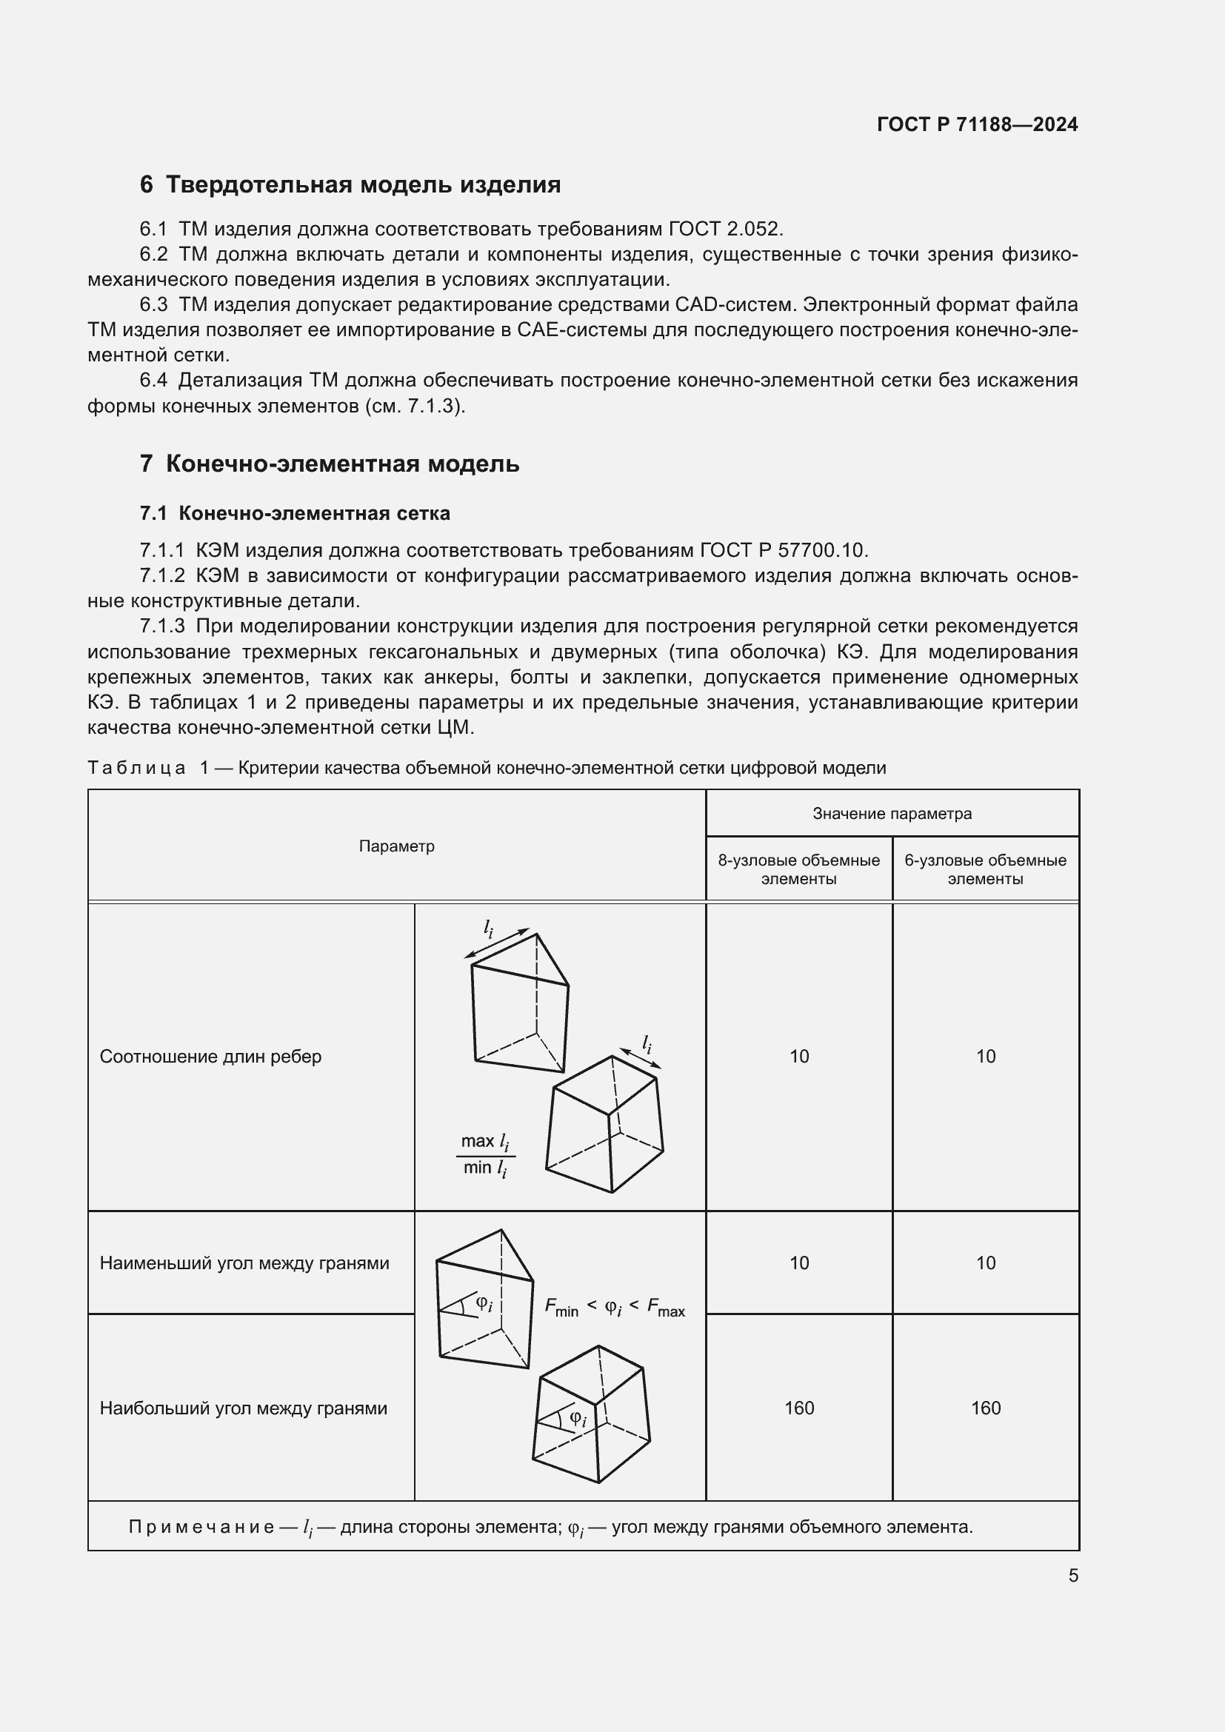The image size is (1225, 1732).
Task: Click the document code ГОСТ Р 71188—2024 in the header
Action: (977, 124)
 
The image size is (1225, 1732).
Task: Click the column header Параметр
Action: (397, 846)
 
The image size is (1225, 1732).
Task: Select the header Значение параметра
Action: (892, 814)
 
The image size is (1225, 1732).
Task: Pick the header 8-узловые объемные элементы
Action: (799, 870)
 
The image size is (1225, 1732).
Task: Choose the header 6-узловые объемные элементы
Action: (985, 870)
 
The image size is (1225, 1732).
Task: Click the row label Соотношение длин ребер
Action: (210, 1057)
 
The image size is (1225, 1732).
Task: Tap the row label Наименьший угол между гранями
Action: (244, 1263)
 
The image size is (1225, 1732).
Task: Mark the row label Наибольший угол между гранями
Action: (243, 1408)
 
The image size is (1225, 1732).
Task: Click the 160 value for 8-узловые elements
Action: (799, 1408)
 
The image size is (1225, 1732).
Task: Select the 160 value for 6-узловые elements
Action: (985, 1408)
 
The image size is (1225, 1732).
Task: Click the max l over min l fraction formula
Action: (485, 1155)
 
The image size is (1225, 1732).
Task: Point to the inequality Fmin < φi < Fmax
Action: (614, 1307)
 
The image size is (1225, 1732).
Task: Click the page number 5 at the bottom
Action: (1072, 1576)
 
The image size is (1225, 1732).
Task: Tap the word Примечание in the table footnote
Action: (201, 1528)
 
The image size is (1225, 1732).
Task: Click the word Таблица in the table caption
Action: (136, 769)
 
